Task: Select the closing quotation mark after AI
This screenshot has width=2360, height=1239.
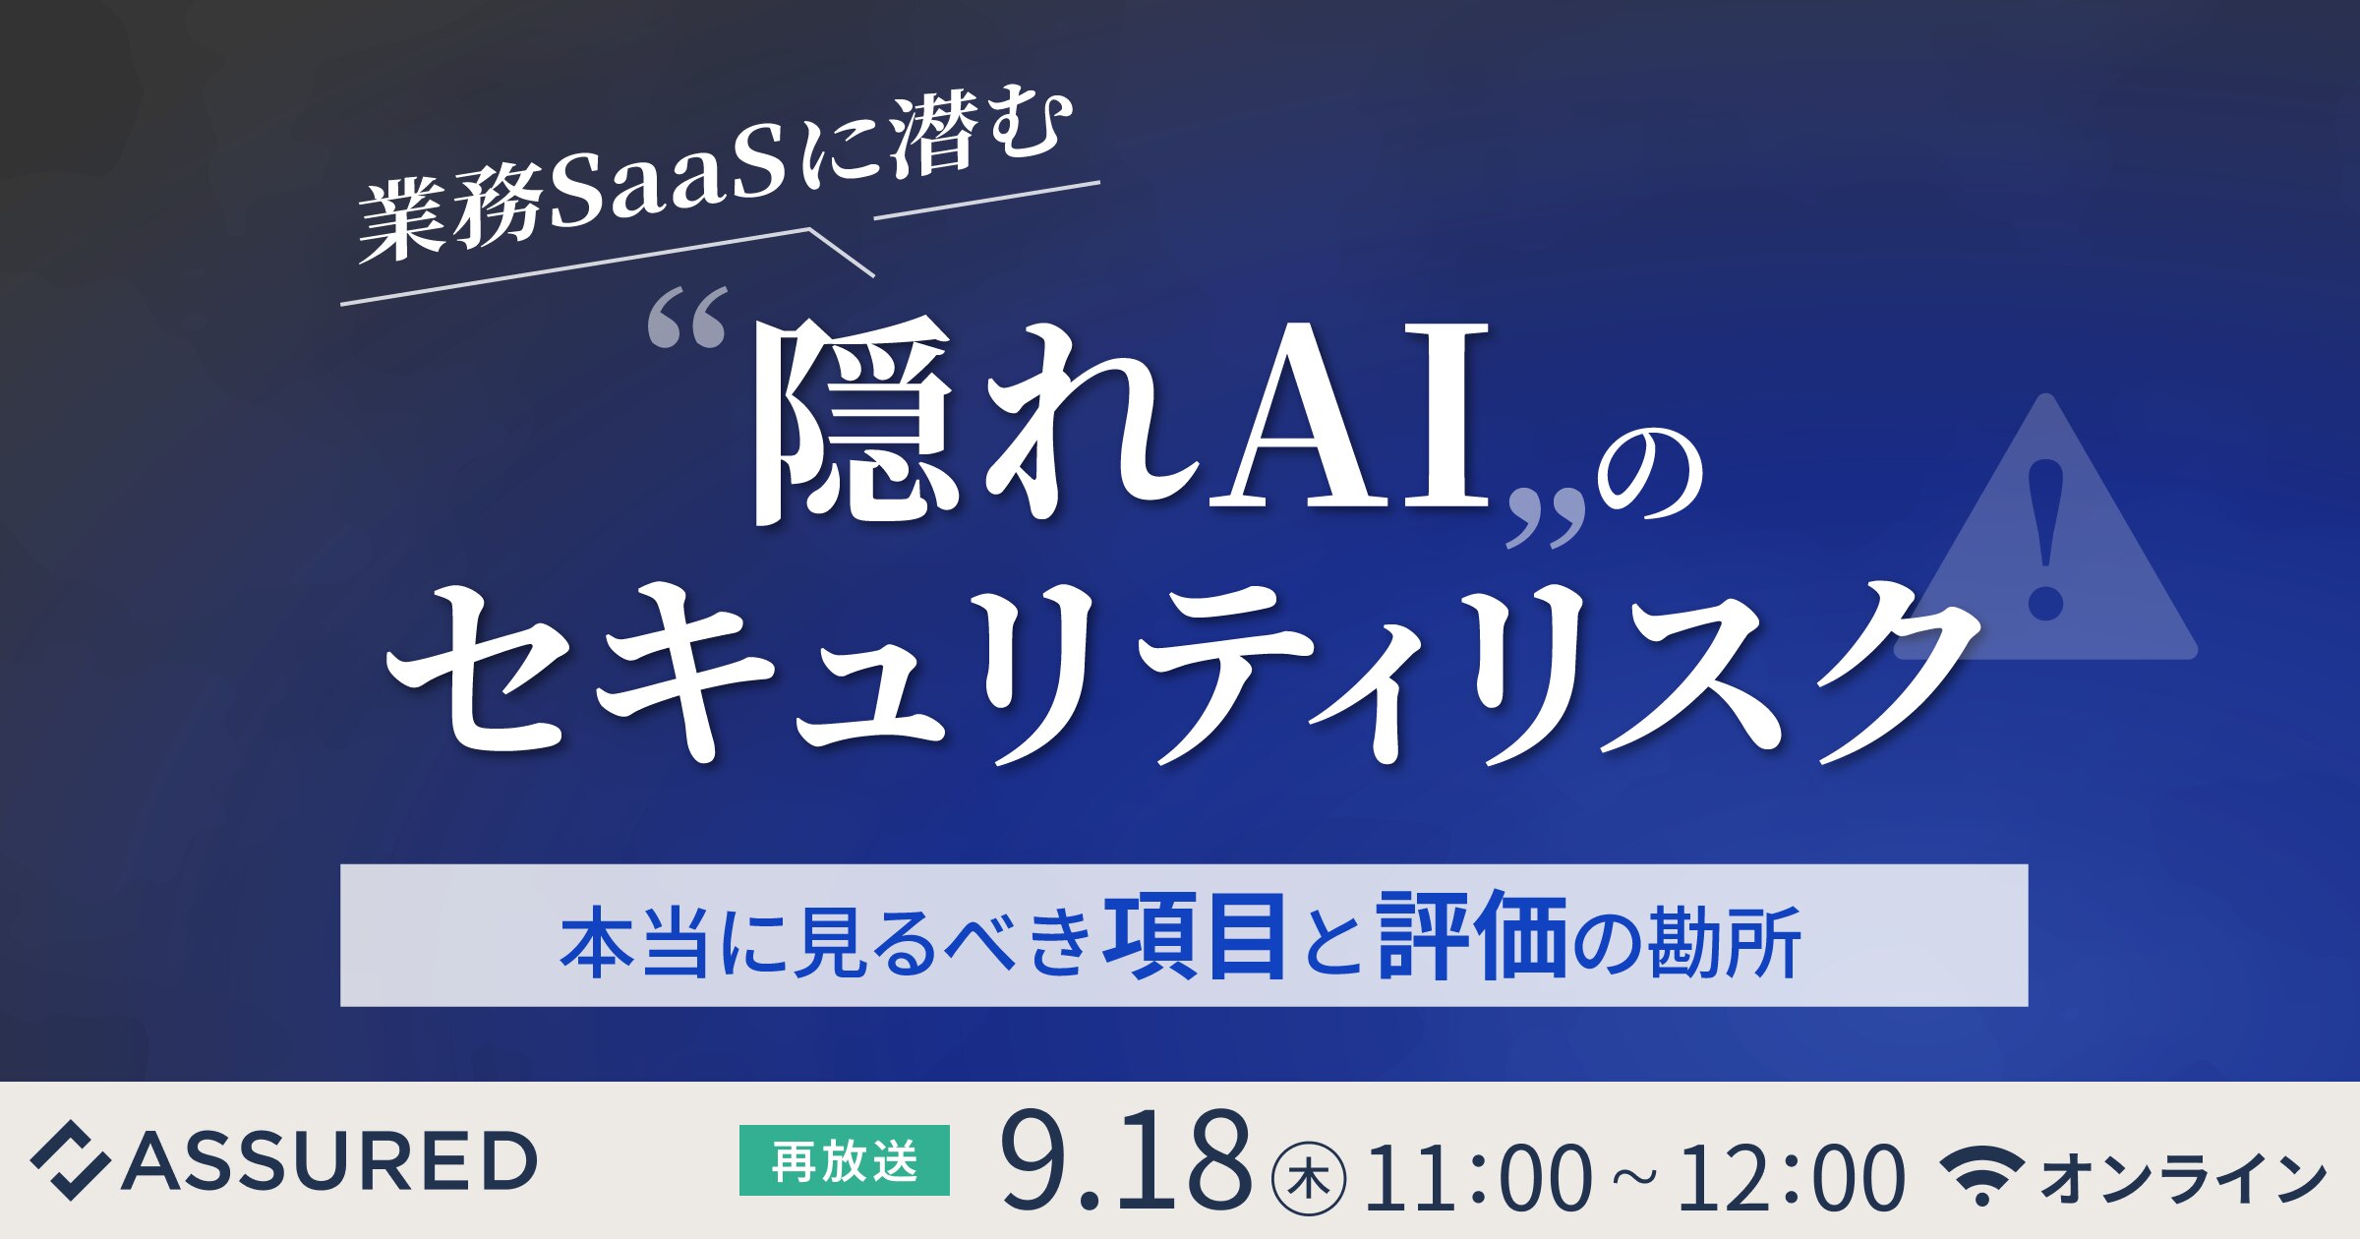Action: (1547, 517)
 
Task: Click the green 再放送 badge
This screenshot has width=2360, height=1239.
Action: (844, 1160)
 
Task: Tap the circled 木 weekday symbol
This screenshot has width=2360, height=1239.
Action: (1309, 1178)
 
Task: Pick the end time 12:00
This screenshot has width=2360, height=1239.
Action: (1790, 1177)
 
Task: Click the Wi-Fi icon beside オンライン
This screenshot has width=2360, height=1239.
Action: (1980, 1174)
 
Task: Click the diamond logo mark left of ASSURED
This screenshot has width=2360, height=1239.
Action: (69, 1160)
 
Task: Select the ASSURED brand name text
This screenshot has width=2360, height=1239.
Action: (329, 1160)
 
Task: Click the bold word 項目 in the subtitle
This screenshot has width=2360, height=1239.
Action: (1194, 935)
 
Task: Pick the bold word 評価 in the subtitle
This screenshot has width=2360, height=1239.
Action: (1471, 935)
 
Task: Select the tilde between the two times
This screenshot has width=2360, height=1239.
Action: (1634, 1176)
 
